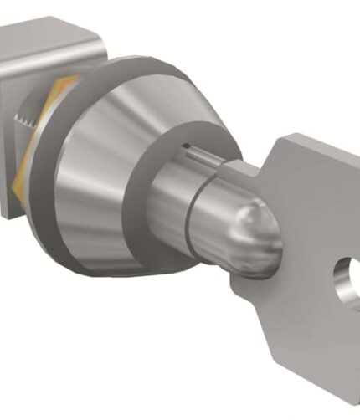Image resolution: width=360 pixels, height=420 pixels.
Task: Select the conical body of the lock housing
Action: point(100,167)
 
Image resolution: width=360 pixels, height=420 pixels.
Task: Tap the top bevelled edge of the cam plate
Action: point(50,32)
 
